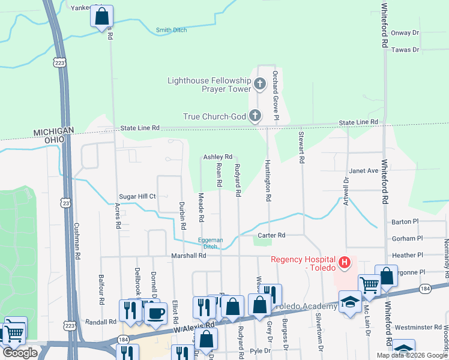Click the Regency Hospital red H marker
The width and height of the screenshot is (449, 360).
pos(345,262)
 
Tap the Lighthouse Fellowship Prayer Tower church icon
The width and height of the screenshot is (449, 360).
pos(260,84)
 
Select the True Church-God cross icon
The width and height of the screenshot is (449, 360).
pos(255,115)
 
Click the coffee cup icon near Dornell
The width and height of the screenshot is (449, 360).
pos(156,311)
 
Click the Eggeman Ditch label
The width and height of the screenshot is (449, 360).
pos(211,243)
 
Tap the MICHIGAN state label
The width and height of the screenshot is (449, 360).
pos(53,131)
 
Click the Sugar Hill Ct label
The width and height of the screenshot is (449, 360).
pos(137,196)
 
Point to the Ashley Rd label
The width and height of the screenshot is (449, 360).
pos(217,157)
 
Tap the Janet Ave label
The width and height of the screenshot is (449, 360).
pos(364,170)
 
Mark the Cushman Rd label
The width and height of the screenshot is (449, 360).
pos(77,240)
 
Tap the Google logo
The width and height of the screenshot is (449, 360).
pos(20,353)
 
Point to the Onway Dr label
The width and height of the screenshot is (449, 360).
pos(405,33)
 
